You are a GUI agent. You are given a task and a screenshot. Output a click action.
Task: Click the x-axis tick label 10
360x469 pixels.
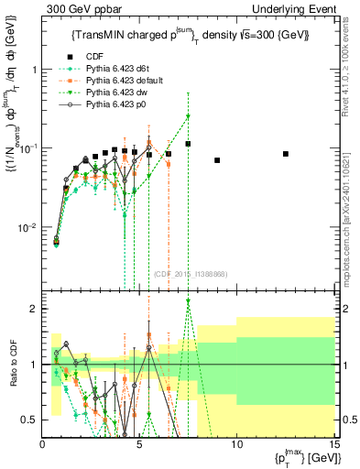[236, 444]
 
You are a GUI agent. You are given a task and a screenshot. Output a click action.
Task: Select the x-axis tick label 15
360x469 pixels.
[333, 444]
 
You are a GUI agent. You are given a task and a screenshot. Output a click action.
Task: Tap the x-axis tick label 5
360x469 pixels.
[139, 444]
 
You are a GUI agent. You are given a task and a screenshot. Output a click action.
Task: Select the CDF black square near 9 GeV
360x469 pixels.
[217, 160]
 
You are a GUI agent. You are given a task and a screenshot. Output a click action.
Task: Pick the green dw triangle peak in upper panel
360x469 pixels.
[188, 116]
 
